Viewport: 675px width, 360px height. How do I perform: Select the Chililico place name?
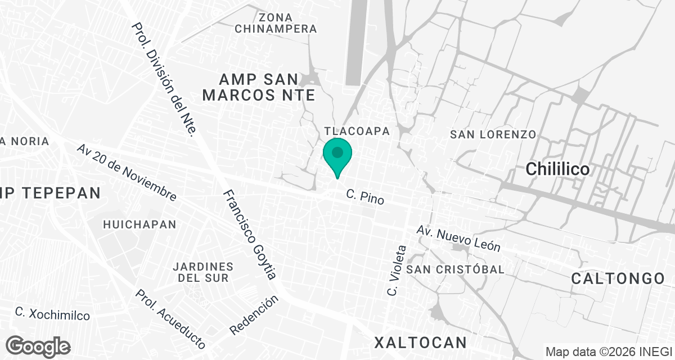point(557,169)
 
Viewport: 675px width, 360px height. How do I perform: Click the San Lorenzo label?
point(493,134)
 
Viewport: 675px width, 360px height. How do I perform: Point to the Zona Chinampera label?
point(276,22)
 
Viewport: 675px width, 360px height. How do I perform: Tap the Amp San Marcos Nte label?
point(259,87)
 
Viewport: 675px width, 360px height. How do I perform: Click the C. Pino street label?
point(365,197)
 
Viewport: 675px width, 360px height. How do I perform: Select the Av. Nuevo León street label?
point(458,238)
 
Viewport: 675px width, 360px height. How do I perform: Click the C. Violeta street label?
point(396,271)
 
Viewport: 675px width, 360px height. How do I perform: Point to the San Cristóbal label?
point(456,269)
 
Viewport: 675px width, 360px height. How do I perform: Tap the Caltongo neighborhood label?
point(618,278)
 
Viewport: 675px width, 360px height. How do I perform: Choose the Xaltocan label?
point(421,342)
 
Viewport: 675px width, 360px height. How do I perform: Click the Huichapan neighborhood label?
point(139,224)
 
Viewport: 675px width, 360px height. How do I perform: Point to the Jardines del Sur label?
point(203,272)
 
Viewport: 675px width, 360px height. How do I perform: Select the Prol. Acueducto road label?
point(170,318)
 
